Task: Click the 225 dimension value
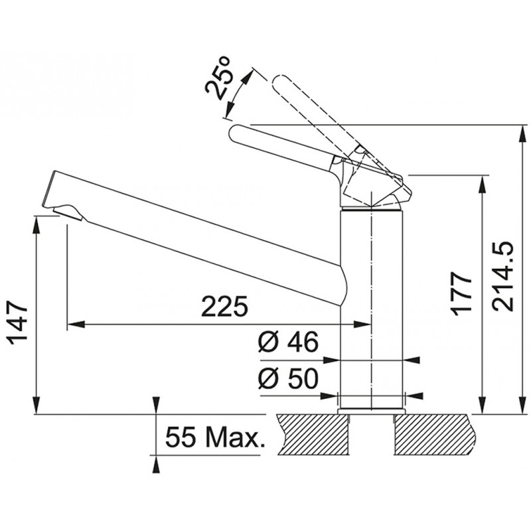pyautogui.click(x=224, y=307)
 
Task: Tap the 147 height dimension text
pyautogui.click(x=18, y=323)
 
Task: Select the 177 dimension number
pyautogui.click(x=461, y=293)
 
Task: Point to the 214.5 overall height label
pyautogui.click(x=502, y=276)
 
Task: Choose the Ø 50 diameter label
pyautogui.click(x=288, y=378)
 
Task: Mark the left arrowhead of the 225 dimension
pyautogui.click(x=76, y=325)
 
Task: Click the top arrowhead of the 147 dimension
pyautogui.click(x=36, y=224)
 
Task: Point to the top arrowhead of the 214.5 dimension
pyautogui.click(x=520, y=133)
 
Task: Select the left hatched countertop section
pyautogui.click(x=313, y=435)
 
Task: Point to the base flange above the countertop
pyautogui.click(x=372, y=411)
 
